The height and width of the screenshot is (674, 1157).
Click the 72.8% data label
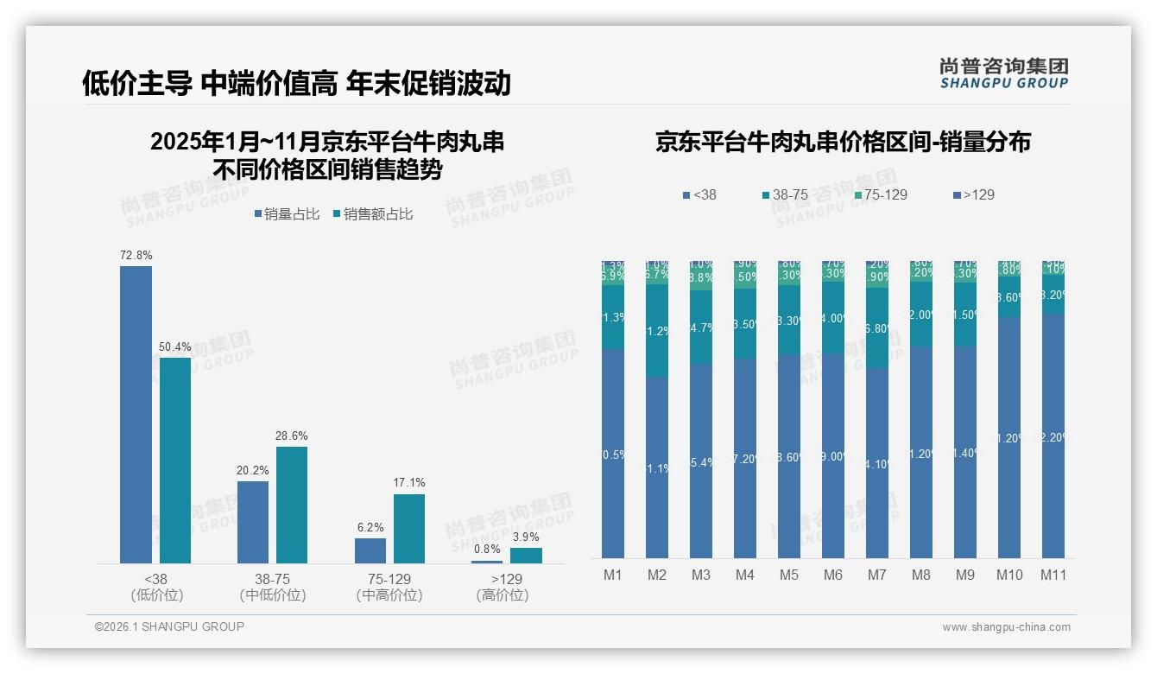[x=136, y=256]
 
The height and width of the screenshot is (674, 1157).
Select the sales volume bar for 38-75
[x=253, y=522]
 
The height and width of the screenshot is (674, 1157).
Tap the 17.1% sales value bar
[x=409, y=528]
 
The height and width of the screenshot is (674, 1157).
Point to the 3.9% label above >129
[x=526, y=537]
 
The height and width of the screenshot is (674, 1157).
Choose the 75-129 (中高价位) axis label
[x=389, y=587]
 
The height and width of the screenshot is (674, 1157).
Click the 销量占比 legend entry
[x=287, y=214]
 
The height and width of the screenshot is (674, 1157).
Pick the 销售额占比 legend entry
[x=372, y=214]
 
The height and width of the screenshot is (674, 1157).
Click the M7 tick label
[x=876, y=575]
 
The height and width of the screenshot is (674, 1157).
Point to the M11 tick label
[x=1053, y=575]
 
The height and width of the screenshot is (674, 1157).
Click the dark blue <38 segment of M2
[x=657, y=467]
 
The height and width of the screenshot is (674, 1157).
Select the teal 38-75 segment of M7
[x=876, y=329]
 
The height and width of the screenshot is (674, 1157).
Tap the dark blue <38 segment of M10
[x=1008, y=436]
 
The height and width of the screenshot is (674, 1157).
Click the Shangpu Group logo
[x=1004, y=73]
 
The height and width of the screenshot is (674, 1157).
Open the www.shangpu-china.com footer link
[x=1006, y=627]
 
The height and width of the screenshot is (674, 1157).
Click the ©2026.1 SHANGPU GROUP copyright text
[x=169, y=626]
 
